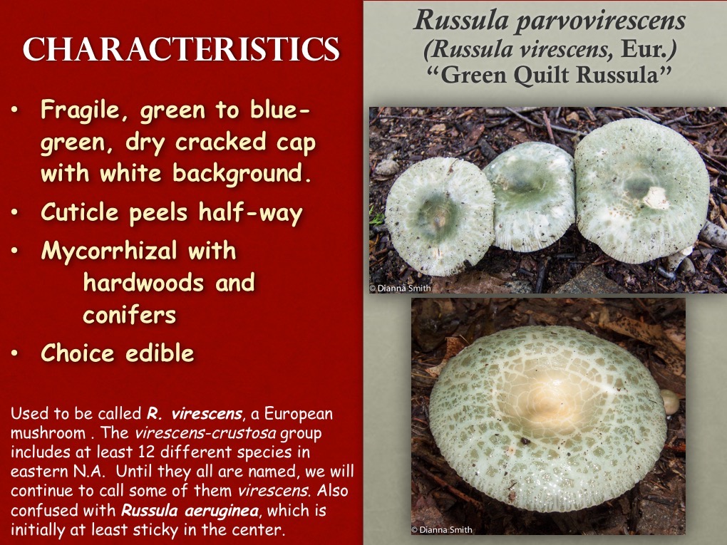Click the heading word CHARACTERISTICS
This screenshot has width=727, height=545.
click(x=181, y=50)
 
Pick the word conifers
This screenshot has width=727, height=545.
click(x=129, y=315)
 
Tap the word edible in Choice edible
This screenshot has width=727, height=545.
click(x=158, y=353)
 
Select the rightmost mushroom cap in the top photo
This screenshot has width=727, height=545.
click(x=641, y=189)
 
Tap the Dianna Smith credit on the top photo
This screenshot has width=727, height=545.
click(x=401, y=288)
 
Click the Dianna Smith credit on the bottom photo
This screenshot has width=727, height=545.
click(x=442, y=529)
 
